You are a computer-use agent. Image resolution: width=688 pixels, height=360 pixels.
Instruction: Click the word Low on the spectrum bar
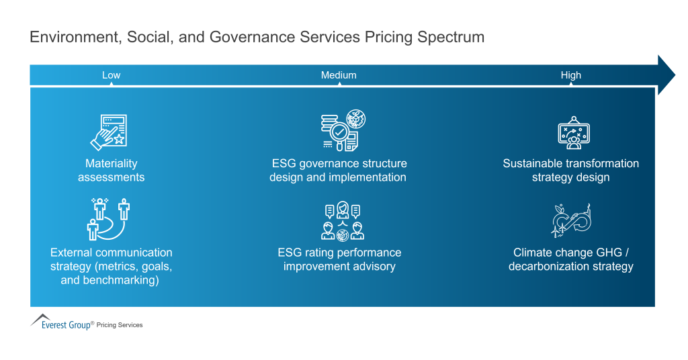[x=111, y=75]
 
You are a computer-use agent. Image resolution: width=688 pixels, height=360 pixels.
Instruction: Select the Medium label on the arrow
[x=339, y=75]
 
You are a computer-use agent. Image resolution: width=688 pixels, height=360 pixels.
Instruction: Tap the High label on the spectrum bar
[x=570, y=75]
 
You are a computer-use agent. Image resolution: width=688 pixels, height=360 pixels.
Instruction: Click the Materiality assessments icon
[x=110, y=132]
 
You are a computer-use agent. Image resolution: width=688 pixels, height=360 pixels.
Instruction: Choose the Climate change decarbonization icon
[x=571, y=220]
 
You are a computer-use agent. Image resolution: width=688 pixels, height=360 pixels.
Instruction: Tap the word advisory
[x=375, y=267]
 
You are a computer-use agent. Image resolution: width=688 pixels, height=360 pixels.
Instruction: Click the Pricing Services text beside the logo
[x=120, y=325]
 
